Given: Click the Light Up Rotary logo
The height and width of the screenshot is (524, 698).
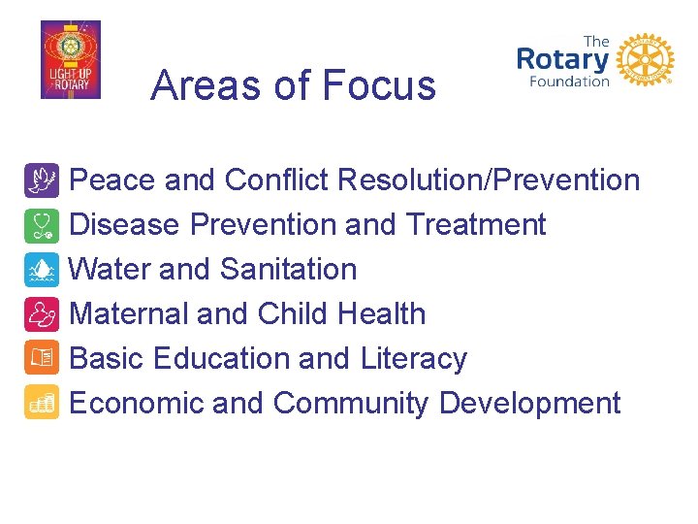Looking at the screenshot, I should (70, 60).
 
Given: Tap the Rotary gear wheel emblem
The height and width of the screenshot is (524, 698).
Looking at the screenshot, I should (644, 60).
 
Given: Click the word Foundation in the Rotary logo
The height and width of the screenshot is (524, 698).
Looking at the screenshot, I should (568, 82).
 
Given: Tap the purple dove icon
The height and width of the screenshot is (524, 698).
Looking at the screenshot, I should (42, 180).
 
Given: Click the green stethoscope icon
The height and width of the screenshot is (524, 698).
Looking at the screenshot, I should (42, 225).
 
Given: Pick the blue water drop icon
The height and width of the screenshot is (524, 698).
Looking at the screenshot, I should (42, 270).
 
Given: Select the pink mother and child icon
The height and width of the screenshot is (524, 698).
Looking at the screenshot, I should (42, 314).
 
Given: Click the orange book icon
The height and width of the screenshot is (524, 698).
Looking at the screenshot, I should (42, 359).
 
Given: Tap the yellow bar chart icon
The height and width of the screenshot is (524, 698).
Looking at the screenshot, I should (42, 404).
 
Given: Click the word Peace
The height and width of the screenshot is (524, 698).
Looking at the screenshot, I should (113, 180).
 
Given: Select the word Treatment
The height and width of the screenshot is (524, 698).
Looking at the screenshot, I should (476, 225).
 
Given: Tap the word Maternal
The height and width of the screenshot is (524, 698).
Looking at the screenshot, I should (129, 314).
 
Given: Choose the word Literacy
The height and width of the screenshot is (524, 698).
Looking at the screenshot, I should (414, 359).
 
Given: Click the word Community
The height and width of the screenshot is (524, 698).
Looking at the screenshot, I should (351, 404).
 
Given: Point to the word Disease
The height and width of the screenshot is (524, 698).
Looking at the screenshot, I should (125, 225).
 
